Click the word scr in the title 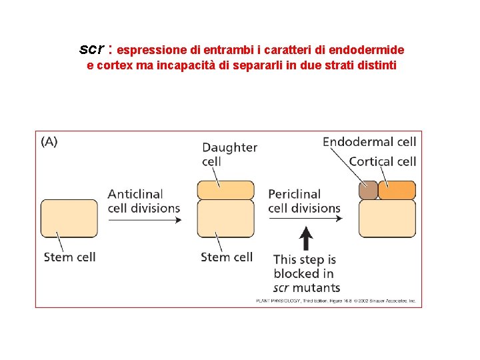tap(91, 49)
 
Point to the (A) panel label tap(49, 141)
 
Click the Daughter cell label tap(229, 154)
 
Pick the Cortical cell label tap(382, 161)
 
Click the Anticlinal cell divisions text tap(144, 201)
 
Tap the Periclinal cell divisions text tap(304, 201)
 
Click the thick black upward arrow tap(306, 237)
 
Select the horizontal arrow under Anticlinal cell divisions tap(144, 219)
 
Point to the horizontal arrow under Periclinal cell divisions tap(304, 219)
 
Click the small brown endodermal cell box tap(368, 191)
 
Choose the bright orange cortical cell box tap(397, 191)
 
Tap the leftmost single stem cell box tap(69, 219)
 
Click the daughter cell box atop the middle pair tap(226, 190)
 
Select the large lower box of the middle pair tap(226, 219)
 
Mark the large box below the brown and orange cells tap(387, 219)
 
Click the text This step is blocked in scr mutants tap(306, 273)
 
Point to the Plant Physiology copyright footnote tap(336, 301)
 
